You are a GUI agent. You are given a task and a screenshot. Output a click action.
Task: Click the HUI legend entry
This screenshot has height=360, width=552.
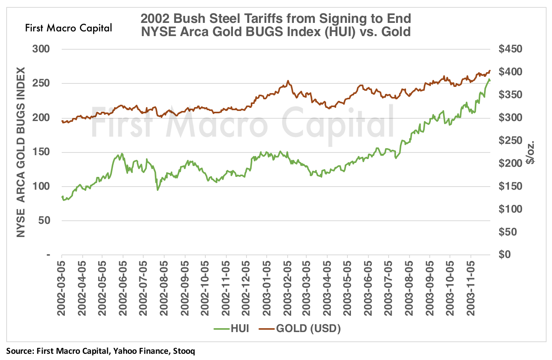pyautogui.click(x=231, y=329)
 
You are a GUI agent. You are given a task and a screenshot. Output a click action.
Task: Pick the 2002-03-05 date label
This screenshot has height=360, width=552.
pyautogui.click(x=62, y=285)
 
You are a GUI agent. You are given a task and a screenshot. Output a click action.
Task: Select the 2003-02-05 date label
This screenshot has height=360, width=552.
pyautogui.click(x=288, y=285)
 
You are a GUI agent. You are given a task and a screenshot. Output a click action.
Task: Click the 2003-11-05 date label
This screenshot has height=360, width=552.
pyautogui.click(x=472, y=285)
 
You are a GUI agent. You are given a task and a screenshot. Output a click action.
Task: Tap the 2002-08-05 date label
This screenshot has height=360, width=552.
pyautogui.click(x=164, y=285)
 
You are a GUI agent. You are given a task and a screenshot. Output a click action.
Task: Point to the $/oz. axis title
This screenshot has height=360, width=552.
pyautogui.click(x=531, y=152)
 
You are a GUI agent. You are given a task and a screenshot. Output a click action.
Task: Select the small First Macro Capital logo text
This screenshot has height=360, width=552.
pyautogui.click(x=68, y=28)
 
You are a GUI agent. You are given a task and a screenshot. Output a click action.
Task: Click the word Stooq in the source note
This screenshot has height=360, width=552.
pyautogui.click(x=183, y=351)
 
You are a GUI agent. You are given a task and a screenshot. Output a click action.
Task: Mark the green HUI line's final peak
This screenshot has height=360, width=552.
pyautogui.click(x=489, y=80)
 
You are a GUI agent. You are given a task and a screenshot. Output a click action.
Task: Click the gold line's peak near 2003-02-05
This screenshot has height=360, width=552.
pyautogui.click(x=288, y=81)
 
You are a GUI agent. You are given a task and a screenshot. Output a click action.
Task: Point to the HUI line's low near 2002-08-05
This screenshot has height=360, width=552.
pyautogui.click(x=157, y=190)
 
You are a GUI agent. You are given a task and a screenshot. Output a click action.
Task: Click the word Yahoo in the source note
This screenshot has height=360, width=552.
pyautogui.click(x=125, y=351)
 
